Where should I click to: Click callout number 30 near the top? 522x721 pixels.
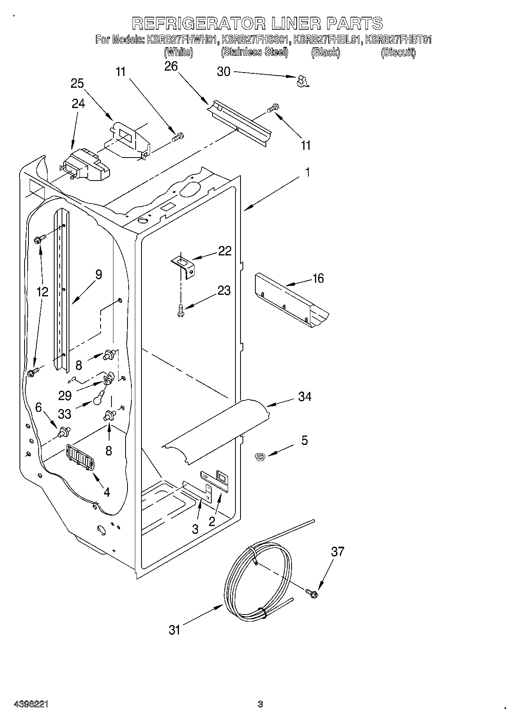click(223, 72)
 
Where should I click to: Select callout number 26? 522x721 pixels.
click(171, 67)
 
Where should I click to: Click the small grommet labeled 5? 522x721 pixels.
click(258, 456)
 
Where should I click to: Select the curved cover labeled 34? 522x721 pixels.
click(218, 429)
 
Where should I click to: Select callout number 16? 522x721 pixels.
click(318, 278)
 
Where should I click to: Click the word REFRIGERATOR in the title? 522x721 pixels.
click(199, 23)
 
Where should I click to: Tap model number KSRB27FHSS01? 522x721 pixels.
click(255, 40)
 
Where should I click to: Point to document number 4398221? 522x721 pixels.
click(31, 704)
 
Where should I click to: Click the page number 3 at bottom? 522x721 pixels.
click(260, 704)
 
